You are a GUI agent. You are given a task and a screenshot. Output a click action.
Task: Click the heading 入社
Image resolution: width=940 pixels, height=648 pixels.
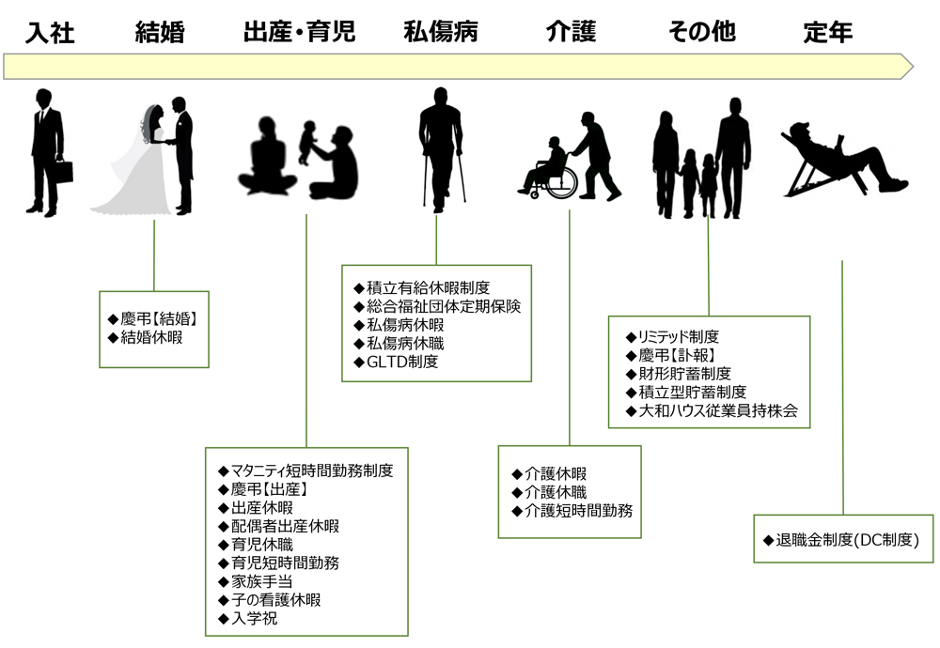pos(50,32)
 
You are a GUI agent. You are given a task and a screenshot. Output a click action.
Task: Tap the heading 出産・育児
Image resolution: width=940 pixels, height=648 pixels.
pos(299,32)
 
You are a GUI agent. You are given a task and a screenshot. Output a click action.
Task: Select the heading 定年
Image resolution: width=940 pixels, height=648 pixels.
pos(828,32)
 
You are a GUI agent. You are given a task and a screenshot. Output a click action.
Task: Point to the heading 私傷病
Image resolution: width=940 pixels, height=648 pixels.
pos(441,32)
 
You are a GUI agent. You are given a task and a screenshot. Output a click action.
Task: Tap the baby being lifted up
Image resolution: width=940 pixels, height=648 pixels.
pos(308,142)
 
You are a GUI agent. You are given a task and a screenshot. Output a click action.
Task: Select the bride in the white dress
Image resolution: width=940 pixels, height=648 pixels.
pos(138,161)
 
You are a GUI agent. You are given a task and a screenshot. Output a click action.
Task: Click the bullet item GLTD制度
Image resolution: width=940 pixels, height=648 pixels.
pos(396,362)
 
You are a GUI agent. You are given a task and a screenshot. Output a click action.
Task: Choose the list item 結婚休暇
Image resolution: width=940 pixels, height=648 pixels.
pos(145,337)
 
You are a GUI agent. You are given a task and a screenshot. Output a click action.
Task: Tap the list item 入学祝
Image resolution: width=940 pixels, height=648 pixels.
pos(247,618)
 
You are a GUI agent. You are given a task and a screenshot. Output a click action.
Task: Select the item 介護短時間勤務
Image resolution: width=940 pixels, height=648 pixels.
pos(572,511)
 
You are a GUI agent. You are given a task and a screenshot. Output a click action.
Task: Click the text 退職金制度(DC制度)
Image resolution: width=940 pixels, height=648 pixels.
pos(841,540)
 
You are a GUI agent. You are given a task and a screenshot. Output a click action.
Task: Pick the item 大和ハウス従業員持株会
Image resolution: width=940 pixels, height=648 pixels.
pos(712,410)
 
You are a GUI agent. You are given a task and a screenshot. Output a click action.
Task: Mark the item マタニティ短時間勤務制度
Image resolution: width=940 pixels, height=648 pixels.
pos(305,471)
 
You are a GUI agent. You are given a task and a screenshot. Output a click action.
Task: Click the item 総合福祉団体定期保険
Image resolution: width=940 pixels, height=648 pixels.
pos(437,307)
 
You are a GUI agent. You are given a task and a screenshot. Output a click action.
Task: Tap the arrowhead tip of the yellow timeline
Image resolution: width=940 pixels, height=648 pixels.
pos(913,66)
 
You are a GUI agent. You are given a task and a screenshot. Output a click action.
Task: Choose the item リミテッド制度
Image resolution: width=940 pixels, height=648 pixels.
pos(672,336)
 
